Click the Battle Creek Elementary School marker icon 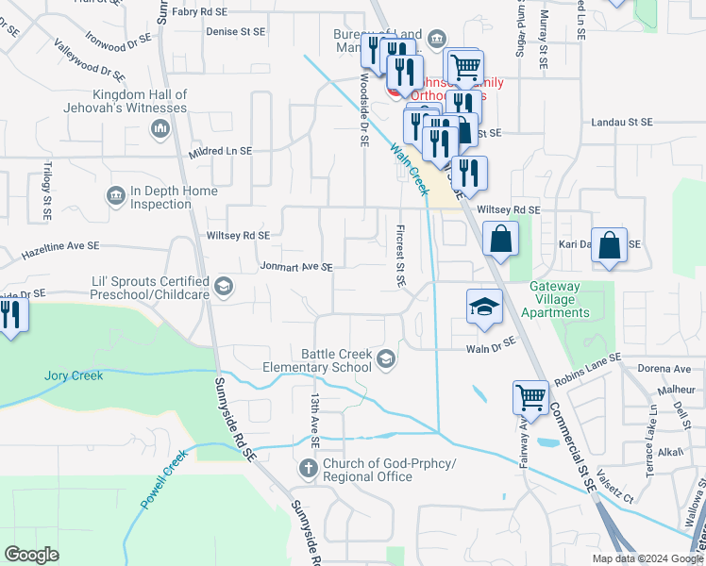tap(386, 358)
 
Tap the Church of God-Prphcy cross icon tap(309, 469)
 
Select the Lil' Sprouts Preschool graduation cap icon tap(224, 287)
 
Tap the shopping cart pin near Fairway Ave tap(531, 397)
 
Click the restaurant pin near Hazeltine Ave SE tap(10, 314)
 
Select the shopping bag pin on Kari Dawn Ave tap(611, 244)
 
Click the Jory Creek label tap(73, 375)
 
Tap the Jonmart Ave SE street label tap(295, 267)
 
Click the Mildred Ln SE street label tap(220, 151)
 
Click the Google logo tap(33, 555)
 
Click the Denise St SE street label tap(235, 30)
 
